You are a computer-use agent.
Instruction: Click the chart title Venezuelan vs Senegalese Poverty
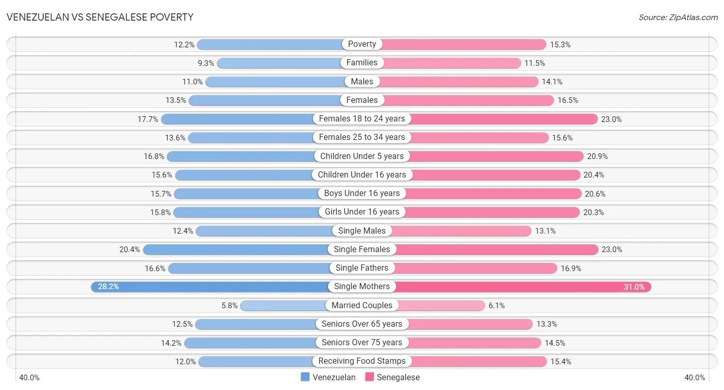point(100,17)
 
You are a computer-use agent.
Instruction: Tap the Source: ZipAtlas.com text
point(678,17)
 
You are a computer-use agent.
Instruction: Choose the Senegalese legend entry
point(392,377)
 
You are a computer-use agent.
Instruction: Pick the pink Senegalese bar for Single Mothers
point(515,287)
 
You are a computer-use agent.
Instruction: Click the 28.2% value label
point(108,287)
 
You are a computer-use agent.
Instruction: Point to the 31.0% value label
point(634,287)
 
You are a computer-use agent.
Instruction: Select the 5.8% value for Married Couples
point(230,306)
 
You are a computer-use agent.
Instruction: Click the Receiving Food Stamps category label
point(362,361)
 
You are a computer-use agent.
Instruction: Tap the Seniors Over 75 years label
point(362,343)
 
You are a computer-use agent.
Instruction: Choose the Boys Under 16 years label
point(362,193)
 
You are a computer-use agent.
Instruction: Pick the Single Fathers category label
point(362,268)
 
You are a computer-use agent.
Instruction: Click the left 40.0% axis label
point(29,378)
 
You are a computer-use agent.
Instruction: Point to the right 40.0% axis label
point(694,378)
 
